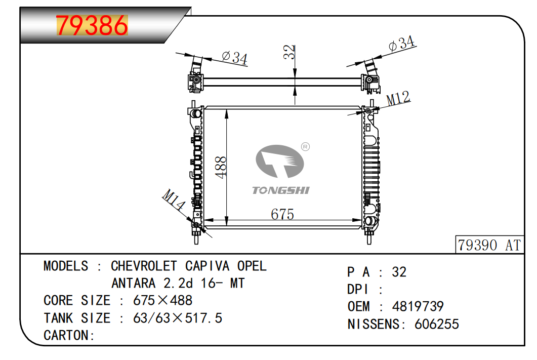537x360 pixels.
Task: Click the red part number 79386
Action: tap(92, 25)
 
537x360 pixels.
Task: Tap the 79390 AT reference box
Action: tap(489, 245)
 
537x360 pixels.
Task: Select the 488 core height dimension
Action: tap(221, 167)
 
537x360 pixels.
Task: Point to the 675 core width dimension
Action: tap(282, 214)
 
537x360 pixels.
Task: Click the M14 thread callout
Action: tap(174, 199)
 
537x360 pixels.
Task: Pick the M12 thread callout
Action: tap(398, 98)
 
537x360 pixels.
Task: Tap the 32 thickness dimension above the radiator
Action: tap(290, 52)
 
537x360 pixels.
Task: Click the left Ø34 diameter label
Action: tap(235, 58)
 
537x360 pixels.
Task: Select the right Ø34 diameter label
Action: tap(401, 44)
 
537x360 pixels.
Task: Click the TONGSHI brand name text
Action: tap(281, 190)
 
